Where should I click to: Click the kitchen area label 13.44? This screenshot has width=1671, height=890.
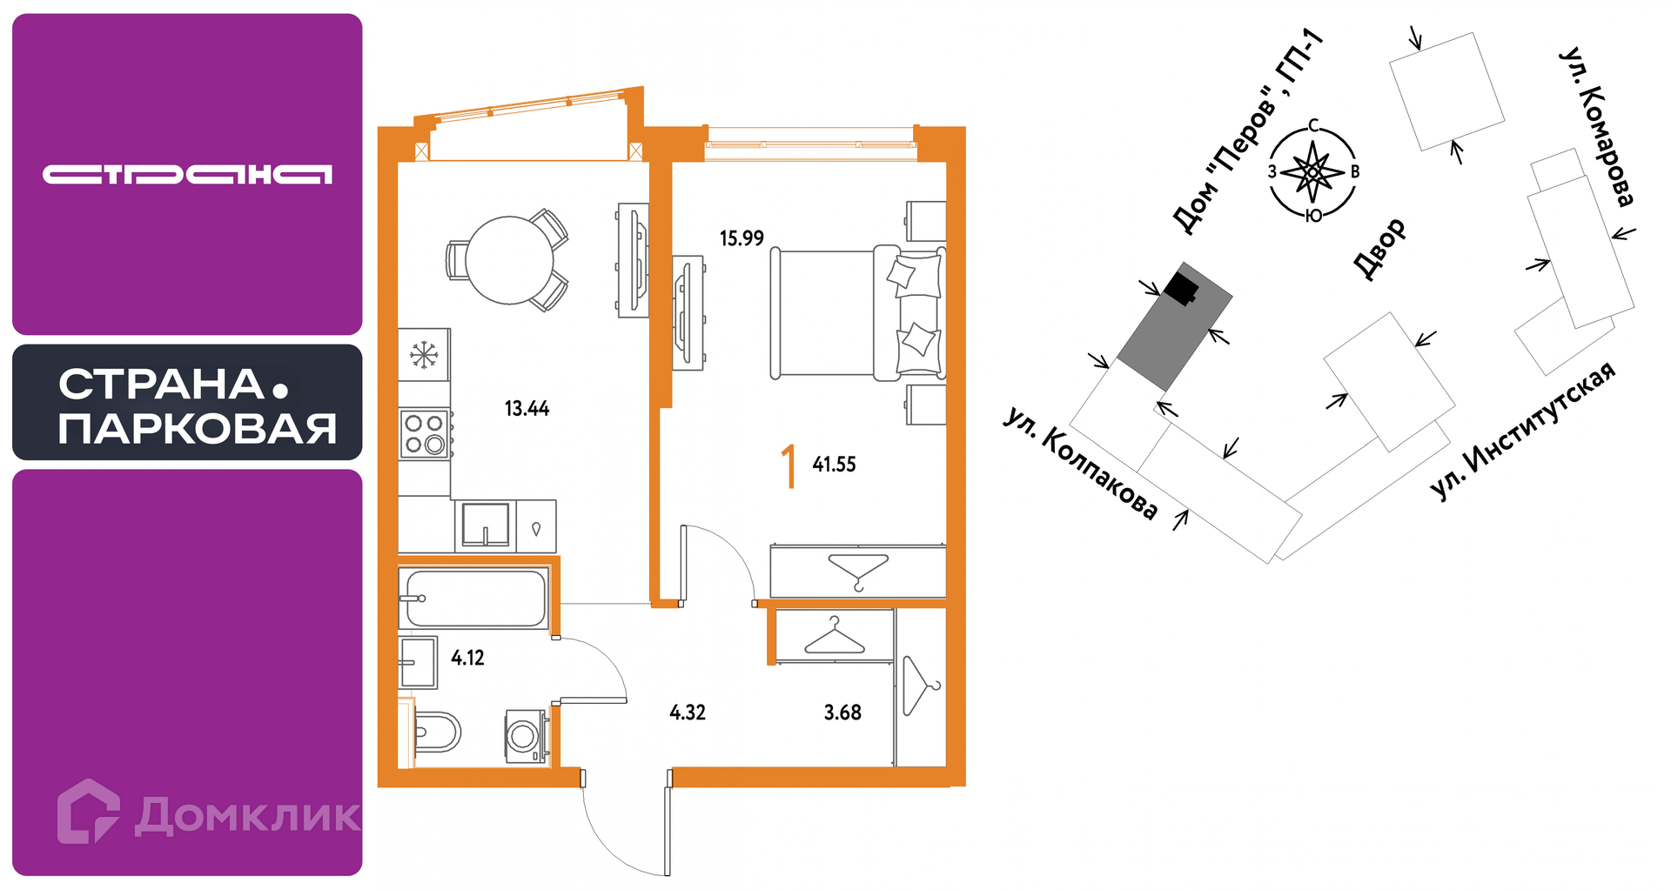(527, 408)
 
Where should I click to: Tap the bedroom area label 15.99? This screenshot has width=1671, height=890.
(742, 238)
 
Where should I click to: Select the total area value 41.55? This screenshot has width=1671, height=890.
(834, 465)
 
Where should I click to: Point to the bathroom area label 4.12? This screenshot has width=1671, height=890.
(467, 658)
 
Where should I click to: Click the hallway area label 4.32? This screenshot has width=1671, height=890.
(688, 713)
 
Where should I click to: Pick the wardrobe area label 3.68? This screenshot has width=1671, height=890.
(842, 713)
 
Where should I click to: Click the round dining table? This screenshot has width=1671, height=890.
(510, 259)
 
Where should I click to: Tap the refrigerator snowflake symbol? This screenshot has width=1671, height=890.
(424, 354)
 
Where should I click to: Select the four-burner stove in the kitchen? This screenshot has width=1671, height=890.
(425, 433)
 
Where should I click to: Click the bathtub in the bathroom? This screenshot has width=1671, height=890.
(474, 598)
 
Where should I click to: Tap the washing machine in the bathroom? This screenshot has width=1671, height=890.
(526, 736)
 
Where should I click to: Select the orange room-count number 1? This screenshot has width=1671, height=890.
(789, 466)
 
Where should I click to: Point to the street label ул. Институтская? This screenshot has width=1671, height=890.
(1522, 430)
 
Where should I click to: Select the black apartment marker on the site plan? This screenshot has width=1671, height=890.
(1182, 288)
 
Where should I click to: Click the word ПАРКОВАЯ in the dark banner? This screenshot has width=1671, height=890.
(198, 429)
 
